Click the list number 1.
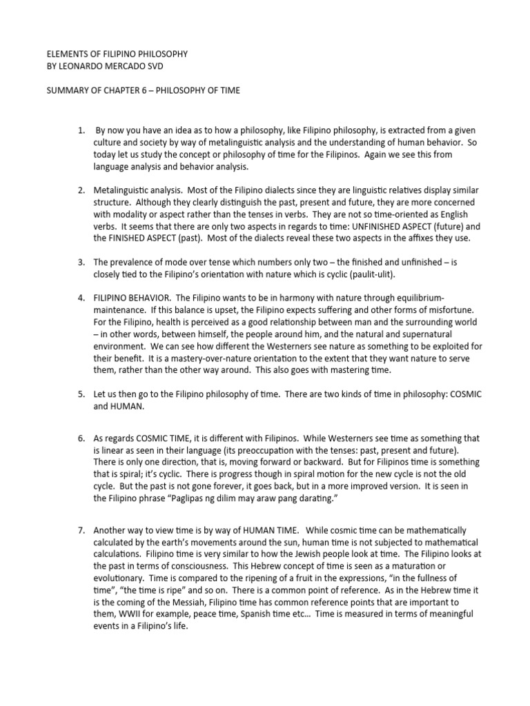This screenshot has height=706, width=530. point(81,130)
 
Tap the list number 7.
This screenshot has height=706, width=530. point(81,530)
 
